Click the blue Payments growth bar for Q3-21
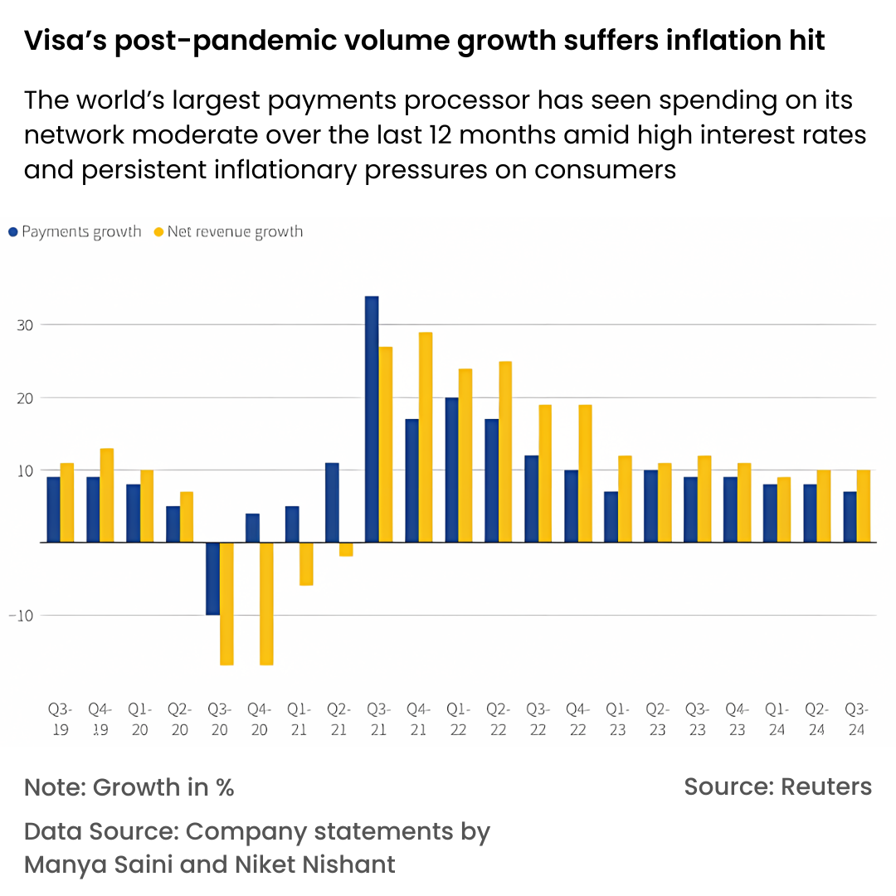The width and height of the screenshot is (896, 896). tap(372, 419)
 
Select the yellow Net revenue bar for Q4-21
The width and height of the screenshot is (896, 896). tap(426, 437)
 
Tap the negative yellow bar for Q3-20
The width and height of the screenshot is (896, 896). tap(226, 603)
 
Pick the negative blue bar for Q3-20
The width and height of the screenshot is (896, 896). tap(212, 578)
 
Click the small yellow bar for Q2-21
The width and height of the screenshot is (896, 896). tap(346, 549)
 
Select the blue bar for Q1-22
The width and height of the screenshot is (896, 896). tap(451, 470)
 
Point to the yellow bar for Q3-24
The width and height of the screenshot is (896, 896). tap(864, 506)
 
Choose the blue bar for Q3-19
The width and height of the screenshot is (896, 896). tap(53, 509)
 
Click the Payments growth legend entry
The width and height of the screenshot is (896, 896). tap(75, 231)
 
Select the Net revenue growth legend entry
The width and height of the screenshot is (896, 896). tap(228, 231)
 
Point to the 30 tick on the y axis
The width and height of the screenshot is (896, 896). tap(25, 325)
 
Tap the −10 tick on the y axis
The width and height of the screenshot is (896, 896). tap(22, 616)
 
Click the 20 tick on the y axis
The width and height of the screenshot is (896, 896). tap(25, 398)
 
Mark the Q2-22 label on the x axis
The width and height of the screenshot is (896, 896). tap(498, 719)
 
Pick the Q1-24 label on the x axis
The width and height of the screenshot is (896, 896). tap(777, 719)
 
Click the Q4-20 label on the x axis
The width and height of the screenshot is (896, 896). tap(259, 719)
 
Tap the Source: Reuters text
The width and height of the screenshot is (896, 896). tap(777, 786)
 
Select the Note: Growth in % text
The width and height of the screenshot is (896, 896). tap(129, 786)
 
